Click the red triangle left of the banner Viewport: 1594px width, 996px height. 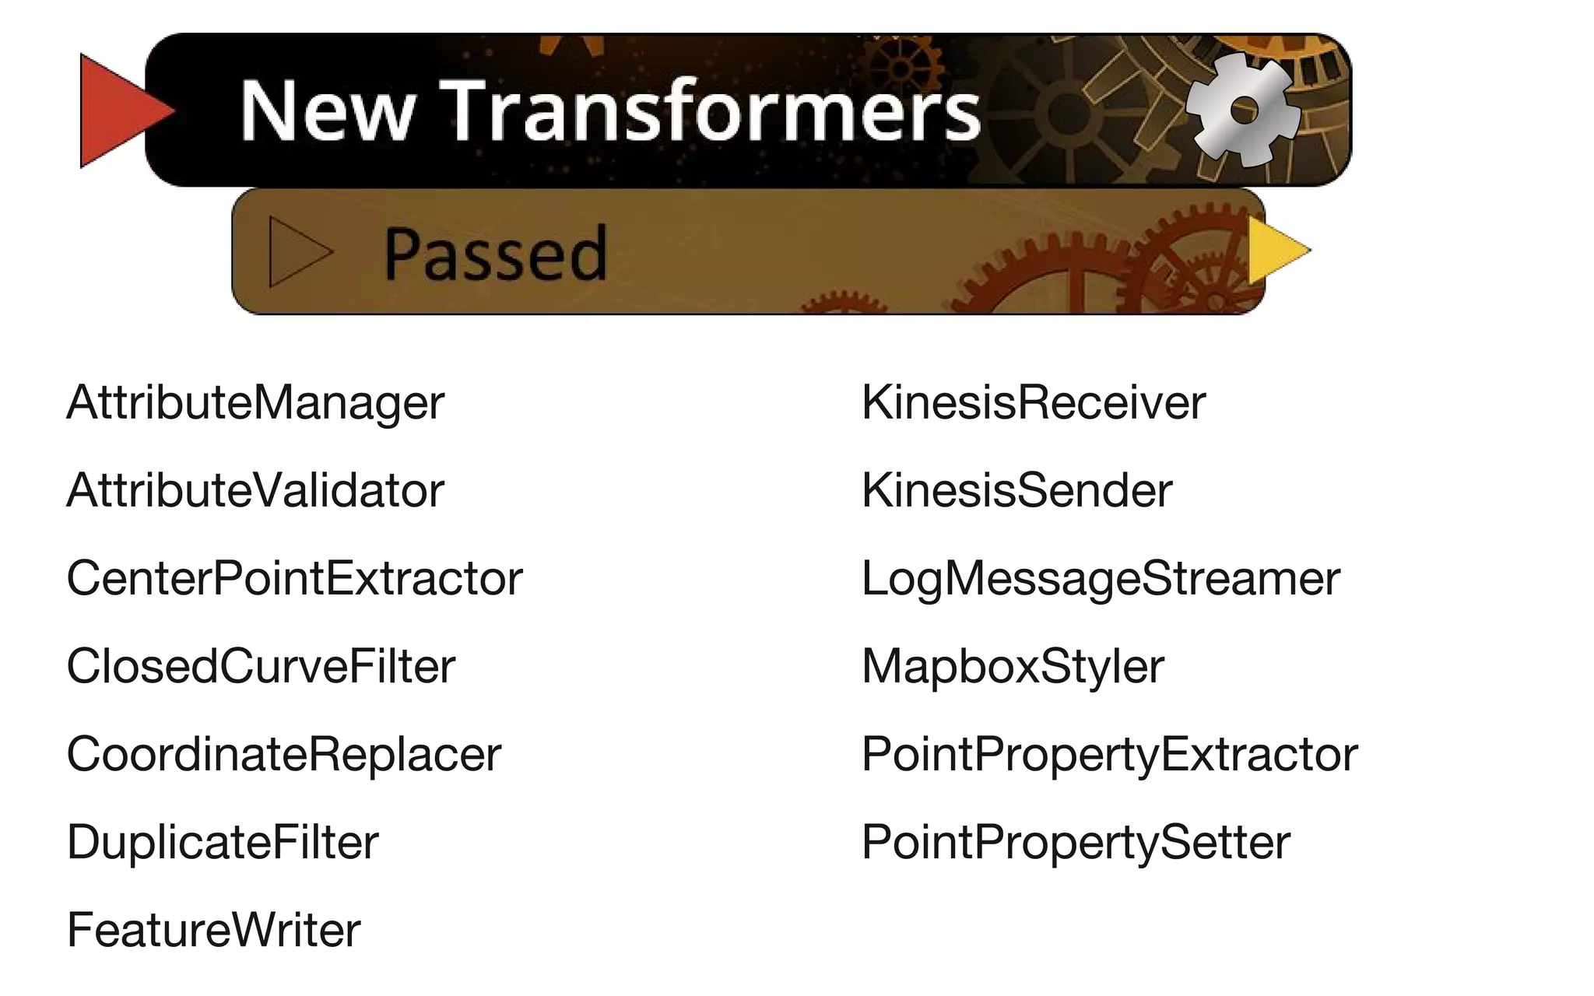click(x=117, y=110)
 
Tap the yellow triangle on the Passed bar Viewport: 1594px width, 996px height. click(x=1275, y=251)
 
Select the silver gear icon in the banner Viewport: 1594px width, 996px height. click(x=1242, y=110)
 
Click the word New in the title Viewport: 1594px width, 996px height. click(x=327, y=110)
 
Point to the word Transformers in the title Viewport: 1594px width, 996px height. click(x=710, y=110)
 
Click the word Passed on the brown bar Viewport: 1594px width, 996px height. click(x=495, y=253)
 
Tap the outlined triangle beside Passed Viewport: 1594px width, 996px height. click(x=296, y=252)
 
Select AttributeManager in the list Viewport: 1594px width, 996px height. click(x=255, y=403)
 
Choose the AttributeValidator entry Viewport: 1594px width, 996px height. click(x=255, y=491)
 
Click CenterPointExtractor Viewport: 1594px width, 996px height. click(x=294, y=579)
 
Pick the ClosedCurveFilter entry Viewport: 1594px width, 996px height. click(x=261, y=667)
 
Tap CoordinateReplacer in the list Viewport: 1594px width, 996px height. click(x=284, y=755)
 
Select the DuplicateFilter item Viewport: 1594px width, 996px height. click(x=223, y=843)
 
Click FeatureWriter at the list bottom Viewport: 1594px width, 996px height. click(x=213, y=931)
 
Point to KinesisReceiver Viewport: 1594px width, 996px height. click(x=1033, y=403)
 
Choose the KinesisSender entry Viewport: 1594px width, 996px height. click(x=1016, y=491)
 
